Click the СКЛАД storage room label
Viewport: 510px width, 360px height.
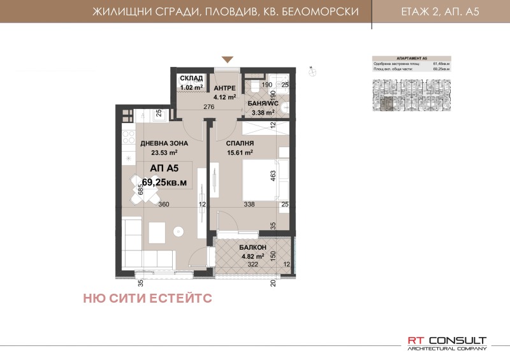tap(191, 78)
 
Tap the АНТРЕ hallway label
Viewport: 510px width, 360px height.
tap(224, 88)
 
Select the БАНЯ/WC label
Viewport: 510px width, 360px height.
tap(261, 102)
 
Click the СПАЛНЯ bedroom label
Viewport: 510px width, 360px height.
tap(241, 144)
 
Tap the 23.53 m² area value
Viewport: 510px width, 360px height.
tap(164, 153)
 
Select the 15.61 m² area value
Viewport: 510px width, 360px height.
tap(240, 153)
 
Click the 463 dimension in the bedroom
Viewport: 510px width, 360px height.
tap(272, 176)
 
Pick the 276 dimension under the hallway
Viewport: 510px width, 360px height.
tap(207, 108)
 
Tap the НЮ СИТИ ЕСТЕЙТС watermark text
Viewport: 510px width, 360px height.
tap(147, 297)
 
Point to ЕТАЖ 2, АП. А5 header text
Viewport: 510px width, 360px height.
tap(440, 12)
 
